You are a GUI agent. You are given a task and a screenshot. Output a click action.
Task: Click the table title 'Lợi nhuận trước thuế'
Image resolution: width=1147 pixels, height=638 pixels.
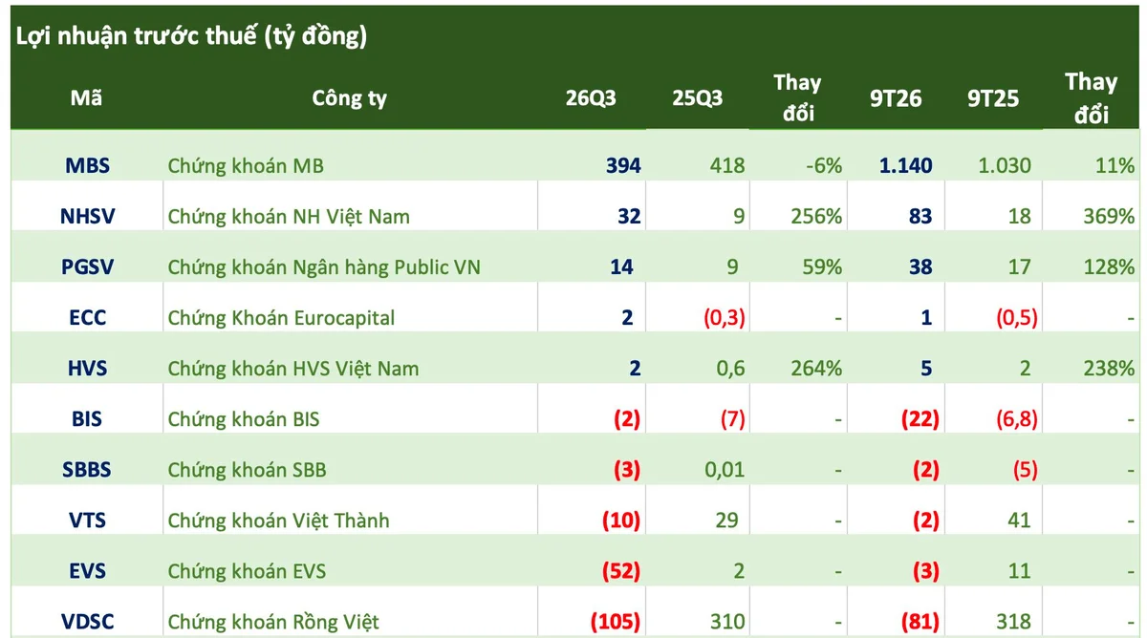(137, 36)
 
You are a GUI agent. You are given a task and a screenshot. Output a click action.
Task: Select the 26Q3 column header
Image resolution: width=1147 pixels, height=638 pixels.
(591, 97)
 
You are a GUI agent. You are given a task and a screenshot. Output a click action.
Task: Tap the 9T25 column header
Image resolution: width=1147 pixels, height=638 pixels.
(993, 98)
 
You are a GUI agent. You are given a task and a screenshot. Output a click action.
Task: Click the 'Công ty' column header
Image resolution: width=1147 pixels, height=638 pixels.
(349, 98)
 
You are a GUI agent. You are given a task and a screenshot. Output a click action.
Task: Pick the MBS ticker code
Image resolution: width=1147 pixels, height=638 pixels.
(88, 166)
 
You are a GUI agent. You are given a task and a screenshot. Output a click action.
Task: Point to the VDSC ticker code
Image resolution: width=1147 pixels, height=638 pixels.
(88, 622)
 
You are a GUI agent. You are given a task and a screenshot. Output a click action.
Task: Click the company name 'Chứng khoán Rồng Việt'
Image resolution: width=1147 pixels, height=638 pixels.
(273, 622)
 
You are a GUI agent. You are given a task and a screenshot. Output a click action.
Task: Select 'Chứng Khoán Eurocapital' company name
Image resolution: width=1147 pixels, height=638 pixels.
(281, 318)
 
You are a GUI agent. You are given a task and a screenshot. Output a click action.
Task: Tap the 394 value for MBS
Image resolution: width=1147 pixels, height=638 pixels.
(623, 166)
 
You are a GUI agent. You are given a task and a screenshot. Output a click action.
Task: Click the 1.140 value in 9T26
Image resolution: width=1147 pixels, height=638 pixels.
(906, 166)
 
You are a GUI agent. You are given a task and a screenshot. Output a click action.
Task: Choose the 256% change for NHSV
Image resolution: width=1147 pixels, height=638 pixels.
(816, 217)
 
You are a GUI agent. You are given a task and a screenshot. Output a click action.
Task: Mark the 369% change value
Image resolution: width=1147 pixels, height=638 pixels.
(1109, 217)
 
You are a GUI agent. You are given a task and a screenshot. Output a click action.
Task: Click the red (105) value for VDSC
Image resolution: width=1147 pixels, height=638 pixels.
(616, 622)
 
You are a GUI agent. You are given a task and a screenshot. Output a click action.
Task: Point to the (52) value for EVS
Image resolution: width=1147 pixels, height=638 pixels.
(621, 571)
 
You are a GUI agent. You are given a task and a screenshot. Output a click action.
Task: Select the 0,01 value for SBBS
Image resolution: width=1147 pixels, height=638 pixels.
(725, 470)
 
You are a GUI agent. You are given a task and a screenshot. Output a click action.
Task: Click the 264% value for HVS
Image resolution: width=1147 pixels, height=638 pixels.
(816, 369)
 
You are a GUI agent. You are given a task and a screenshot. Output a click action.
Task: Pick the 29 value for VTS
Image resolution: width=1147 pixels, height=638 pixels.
(726, 521)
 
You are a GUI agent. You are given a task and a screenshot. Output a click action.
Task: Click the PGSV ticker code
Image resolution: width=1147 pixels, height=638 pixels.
(88, 267)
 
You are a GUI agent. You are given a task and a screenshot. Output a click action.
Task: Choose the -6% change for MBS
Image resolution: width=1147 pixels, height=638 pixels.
(824, 166)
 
